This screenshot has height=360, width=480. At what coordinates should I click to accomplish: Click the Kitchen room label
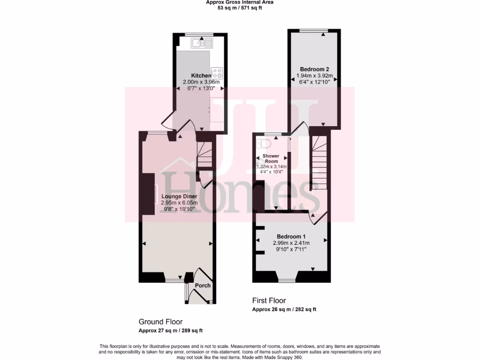click(201, 76)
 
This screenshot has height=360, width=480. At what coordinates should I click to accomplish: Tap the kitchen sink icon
click(202, 44)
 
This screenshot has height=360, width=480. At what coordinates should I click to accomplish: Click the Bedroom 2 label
click(313, 69)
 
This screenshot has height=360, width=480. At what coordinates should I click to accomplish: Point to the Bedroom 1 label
click(291, 236)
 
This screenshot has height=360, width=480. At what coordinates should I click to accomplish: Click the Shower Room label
click(270, 158)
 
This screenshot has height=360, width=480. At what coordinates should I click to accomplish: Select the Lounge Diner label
click(179, 196)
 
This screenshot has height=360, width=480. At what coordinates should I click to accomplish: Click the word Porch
click(202, 285)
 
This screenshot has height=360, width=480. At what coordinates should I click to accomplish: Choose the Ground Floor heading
click(160, 322)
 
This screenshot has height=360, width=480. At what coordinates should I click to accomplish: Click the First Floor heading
click(269, 300)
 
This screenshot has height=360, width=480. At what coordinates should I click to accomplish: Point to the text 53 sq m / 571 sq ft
click(240, 8)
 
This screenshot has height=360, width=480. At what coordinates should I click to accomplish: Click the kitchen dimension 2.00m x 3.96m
click(201, 82)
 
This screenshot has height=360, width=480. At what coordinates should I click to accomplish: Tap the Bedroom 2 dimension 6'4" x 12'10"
click(313, 82)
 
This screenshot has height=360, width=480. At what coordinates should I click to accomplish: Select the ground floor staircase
click(204, 155)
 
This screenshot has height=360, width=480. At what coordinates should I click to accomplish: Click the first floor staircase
click(318, 162)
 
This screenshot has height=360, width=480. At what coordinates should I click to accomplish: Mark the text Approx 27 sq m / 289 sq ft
click(171, 330)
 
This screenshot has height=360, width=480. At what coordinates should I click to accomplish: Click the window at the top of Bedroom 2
click(313, 31)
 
